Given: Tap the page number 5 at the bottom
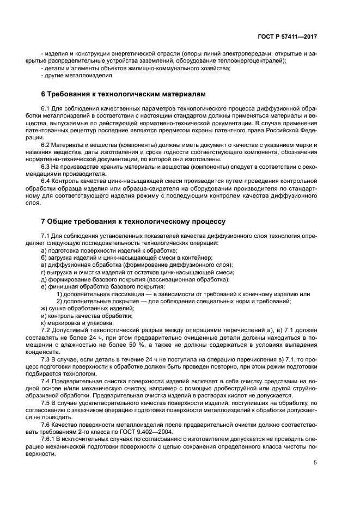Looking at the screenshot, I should [315, 463].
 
